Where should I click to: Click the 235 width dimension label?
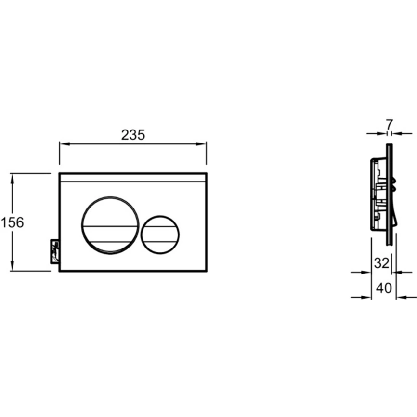coord(133,135)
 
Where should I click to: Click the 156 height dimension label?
coord(12,222)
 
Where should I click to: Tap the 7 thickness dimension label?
coord(389,125)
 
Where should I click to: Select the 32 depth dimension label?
coord(381,263)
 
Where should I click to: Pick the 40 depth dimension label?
coord(384,288)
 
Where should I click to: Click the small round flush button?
coord(160,235)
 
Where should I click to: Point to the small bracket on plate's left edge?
coord(55,251)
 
